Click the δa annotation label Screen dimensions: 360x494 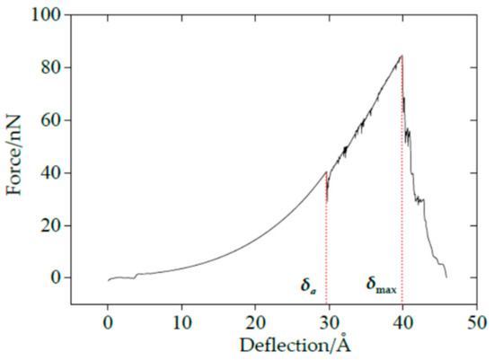308,287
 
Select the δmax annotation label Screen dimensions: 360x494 381,287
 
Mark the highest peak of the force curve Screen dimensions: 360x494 401,56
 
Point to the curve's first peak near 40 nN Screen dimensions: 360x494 325,171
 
